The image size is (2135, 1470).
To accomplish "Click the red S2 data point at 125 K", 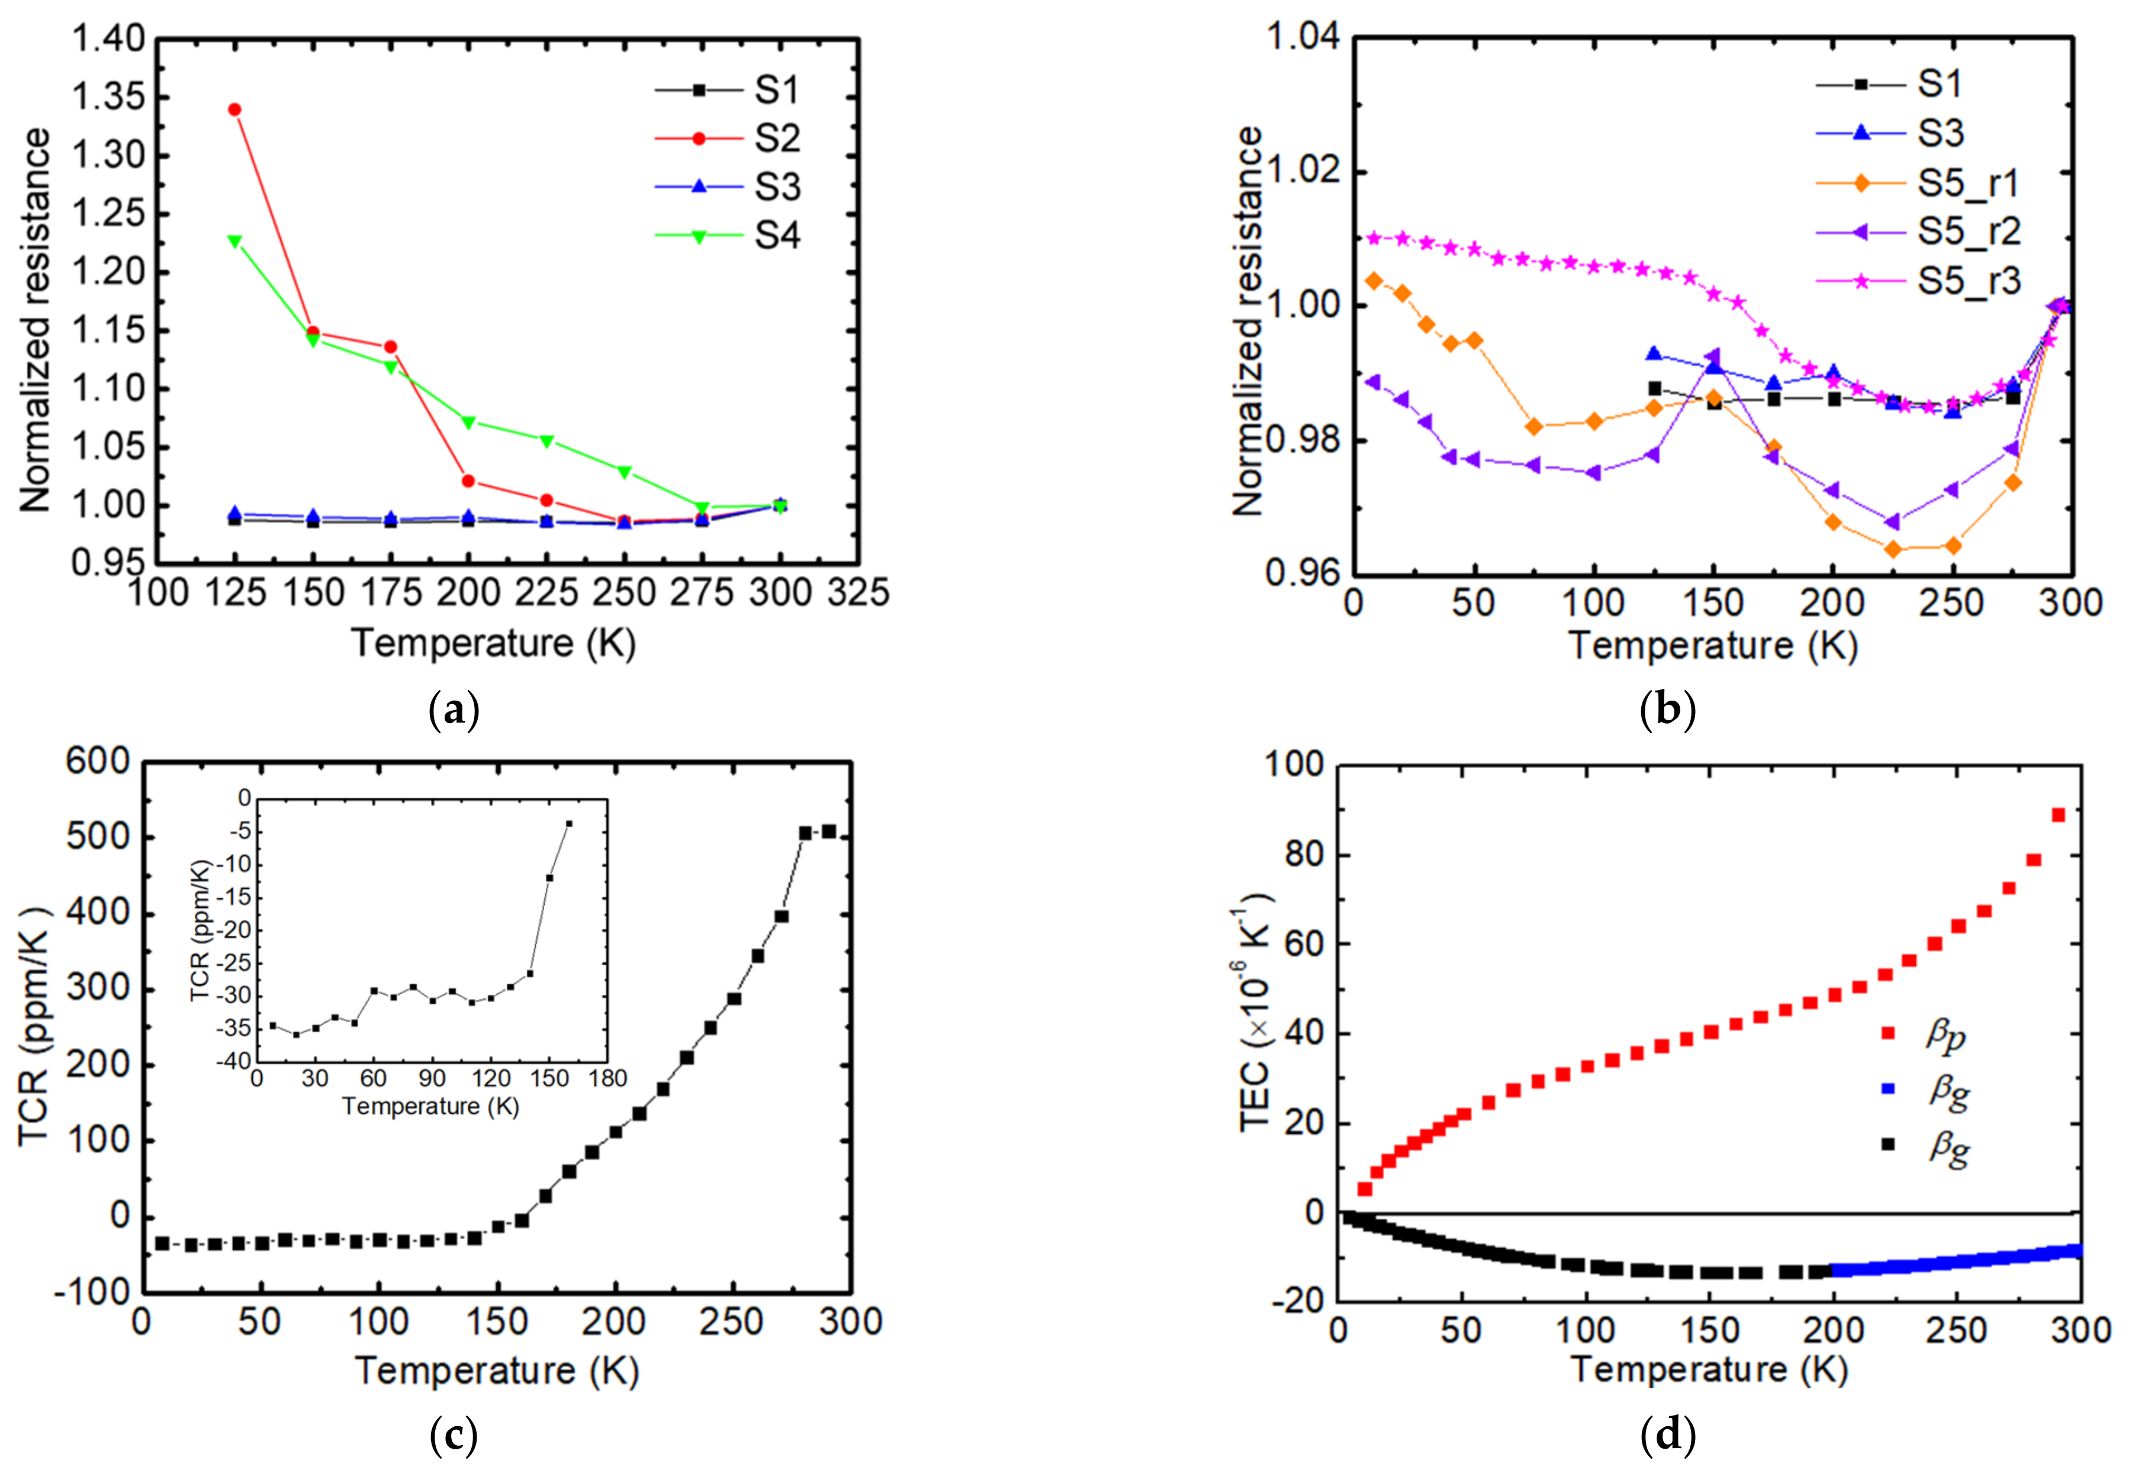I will point(235,109).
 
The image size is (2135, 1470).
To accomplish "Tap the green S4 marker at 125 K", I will point(235,241).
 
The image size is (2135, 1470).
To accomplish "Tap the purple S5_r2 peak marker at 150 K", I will point(1712,356).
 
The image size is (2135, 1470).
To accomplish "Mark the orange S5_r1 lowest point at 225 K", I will point(1893,550).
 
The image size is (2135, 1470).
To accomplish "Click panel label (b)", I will point(1668,710).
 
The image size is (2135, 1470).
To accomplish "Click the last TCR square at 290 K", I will point(828,831).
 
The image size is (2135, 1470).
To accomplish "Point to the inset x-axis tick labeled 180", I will point(607,1079).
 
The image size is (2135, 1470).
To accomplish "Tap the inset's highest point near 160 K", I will point(568,823).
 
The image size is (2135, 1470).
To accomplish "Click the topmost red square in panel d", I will point(2057,815).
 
